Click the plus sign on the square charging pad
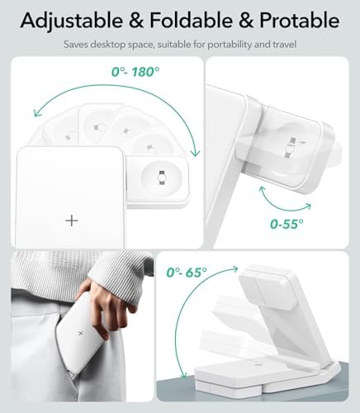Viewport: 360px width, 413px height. pos(72,221)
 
